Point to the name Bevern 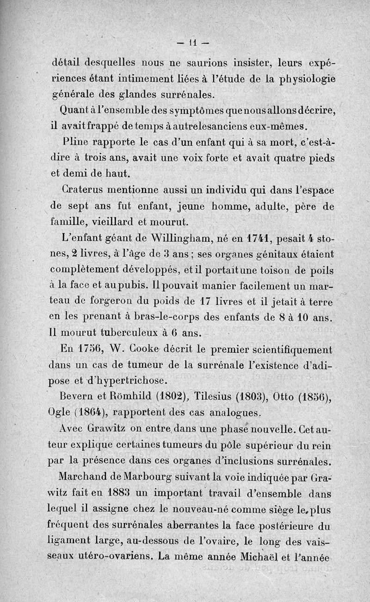pyautogui.click(x=77, y=396)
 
